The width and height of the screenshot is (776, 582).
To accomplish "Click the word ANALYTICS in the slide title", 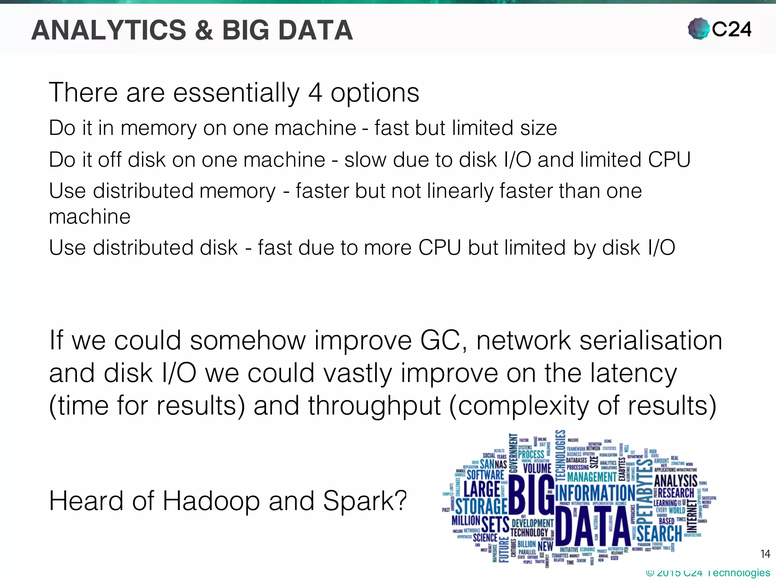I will [x=109, y=30].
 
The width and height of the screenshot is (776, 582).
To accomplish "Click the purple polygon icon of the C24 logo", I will [x=698, y=29].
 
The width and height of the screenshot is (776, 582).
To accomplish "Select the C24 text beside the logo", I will [x=732, y=30].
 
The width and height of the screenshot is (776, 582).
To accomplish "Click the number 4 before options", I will [x=315, y=93].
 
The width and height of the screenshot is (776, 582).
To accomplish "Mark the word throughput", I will [x=374, y=406].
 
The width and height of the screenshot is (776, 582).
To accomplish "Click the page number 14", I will [x=765, y=554].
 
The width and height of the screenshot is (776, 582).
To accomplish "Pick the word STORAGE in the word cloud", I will [x=481, y=507].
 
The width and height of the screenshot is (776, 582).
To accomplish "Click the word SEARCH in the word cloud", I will [x=659, y=533].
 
